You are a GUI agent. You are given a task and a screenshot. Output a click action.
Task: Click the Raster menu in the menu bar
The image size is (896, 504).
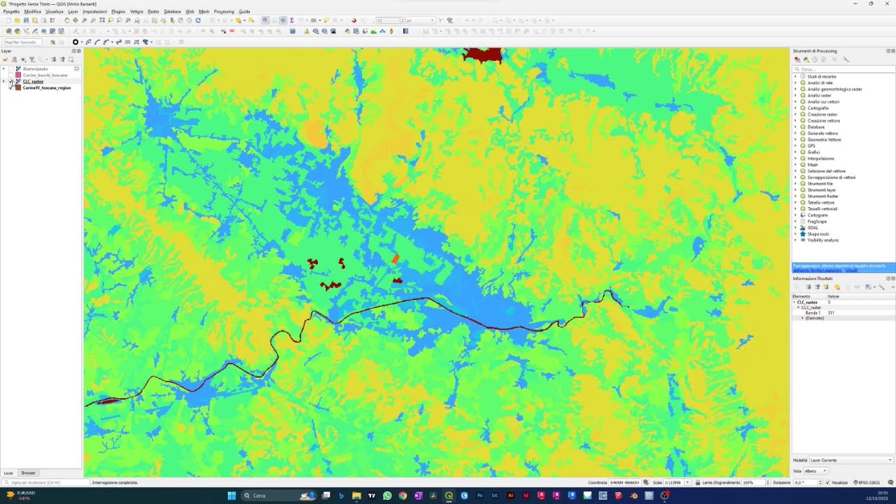(x=153, y=11)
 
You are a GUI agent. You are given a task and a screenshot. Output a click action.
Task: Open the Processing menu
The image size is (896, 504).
(x=224, y=11)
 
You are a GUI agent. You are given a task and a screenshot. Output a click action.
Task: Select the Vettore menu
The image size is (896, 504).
(x=136, y=11)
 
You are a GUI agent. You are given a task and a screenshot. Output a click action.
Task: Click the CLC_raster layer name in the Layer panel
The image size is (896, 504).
(x=33, y=81)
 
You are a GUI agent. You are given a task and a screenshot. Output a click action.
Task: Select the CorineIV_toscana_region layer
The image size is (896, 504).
(x=46, y=87)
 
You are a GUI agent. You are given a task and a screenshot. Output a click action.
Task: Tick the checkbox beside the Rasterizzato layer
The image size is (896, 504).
(x=10, y=69)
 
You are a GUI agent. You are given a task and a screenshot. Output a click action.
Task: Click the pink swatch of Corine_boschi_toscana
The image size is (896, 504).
(x=18, y=75)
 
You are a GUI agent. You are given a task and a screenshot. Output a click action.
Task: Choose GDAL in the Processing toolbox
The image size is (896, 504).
(x=813, y=227)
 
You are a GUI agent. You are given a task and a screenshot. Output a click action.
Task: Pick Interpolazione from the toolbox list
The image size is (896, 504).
(x=821, y=158)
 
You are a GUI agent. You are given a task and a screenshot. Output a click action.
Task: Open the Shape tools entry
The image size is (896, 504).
(x=818, y=234)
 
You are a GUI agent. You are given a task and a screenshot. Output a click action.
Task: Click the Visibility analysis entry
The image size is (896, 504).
(x=823, y=240)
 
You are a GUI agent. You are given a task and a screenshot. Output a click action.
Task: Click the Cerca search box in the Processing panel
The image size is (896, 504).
(x=843, y=69)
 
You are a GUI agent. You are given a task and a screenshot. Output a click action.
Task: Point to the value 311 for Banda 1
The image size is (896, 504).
(x=831, y=313)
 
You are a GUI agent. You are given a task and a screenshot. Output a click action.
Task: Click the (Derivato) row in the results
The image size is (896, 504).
(x=815, y=318)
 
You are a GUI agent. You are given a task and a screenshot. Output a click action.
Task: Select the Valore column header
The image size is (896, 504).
(x=834, y=296)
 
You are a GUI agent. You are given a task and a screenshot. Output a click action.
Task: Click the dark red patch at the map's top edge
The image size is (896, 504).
(x=483, y=55)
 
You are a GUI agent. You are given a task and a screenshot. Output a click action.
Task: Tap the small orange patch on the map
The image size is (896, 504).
(x=395, y=259)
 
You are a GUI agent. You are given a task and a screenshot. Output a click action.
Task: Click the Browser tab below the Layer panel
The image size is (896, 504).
(x=28, y=473)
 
